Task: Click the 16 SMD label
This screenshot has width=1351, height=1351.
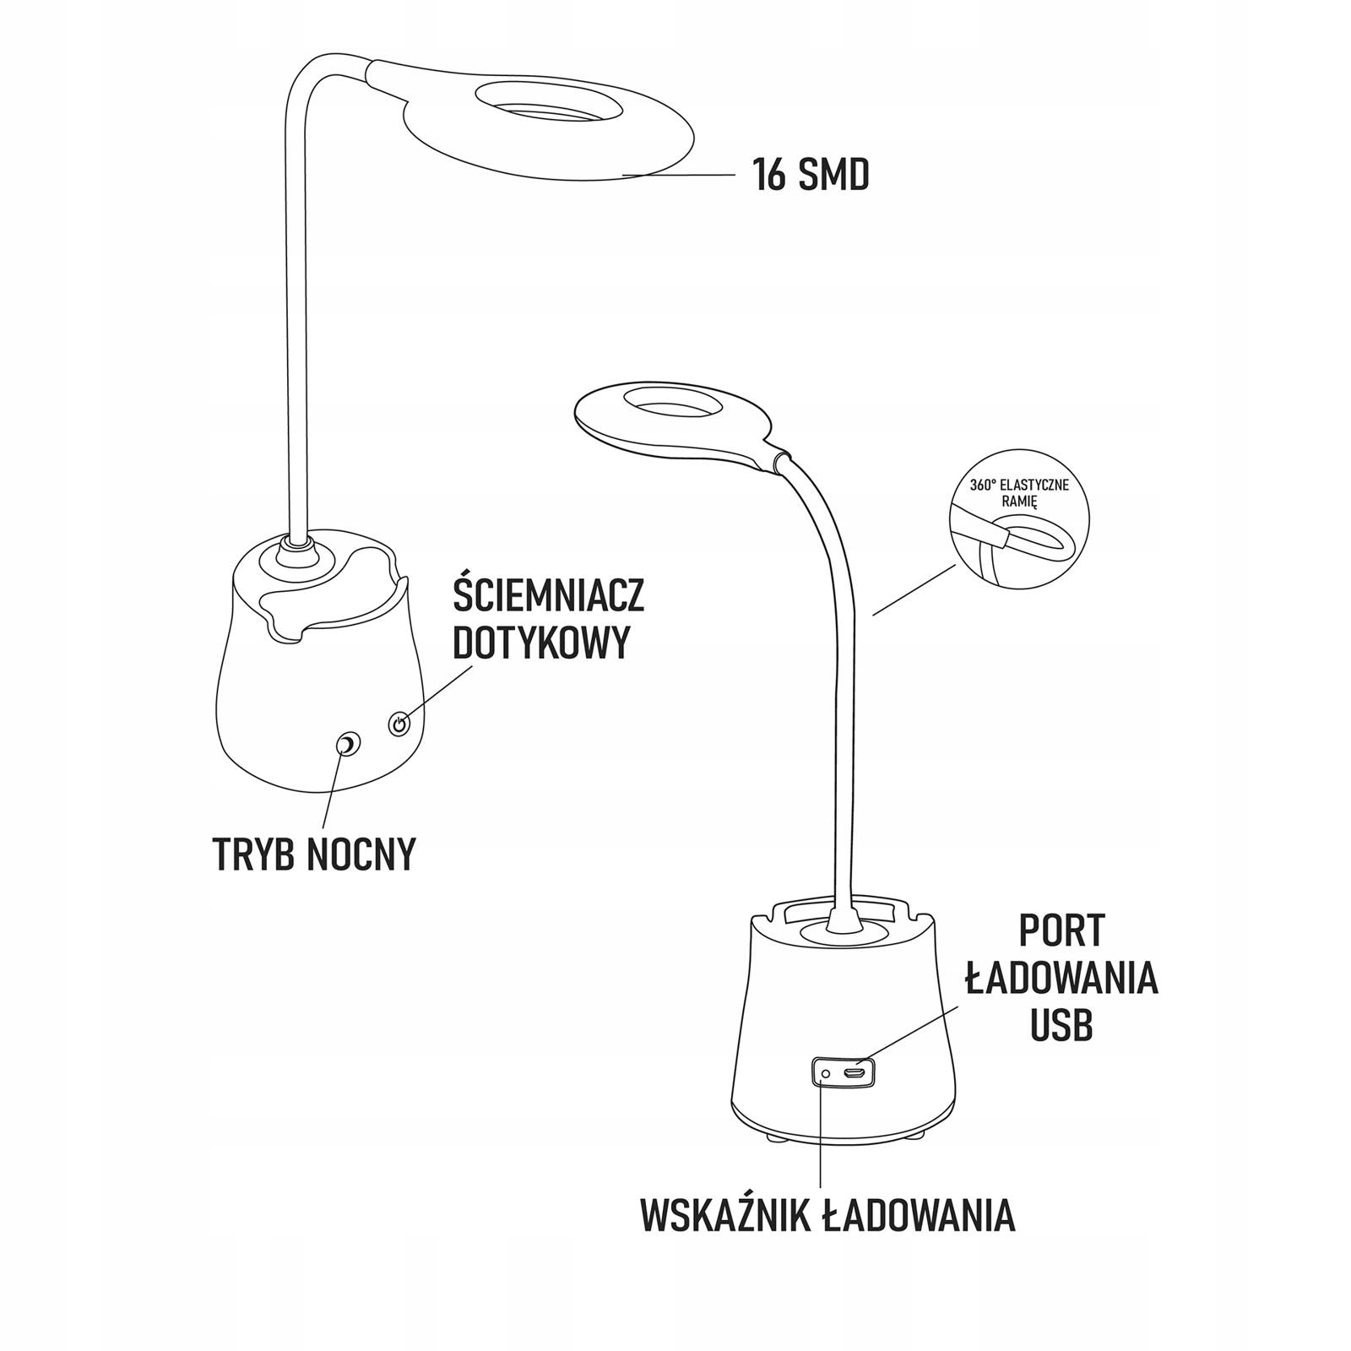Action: coord(811,176)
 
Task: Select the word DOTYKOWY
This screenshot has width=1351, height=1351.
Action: coord(541,643)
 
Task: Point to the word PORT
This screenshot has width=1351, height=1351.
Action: coord(1061,931)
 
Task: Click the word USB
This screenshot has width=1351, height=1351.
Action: coord(1061,1026)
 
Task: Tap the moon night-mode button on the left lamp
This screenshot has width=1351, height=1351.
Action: coord(348,745)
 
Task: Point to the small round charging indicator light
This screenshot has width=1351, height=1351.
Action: coord(825,1074)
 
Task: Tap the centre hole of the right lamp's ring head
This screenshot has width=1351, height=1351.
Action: coord(665,404)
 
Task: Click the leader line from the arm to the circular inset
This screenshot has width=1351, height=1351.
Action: coord(914,590)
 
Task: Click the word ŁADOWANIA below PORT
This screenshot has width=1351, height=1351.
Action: coord(1061,979)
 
